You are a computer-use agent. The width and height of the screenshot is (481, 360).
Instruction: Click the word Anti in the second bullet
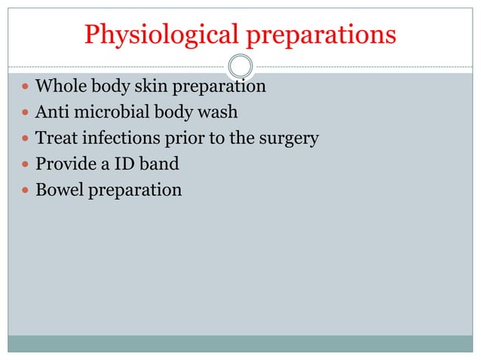pos(51,113)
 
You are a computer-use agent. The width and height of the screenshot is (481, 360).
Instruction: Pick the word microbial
pos(107,113)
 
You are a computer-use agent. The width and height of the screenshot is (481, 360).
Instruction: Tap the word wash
pos(218,113)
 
